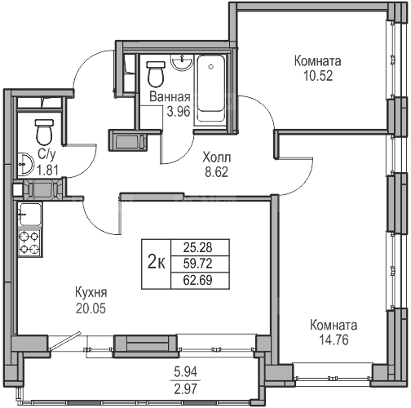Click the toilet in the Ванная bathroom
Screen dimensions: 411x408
point(156,73)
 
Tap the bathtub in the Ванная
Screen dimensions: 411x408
point(211,90)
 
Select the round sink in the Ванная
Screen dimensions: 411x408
point(182,62)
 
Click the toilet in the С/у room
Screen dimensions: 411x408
point(44,132)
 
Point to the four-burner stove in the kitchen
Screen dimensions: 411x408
point(29,242)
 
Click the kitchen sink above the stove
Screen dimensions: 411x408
point(29,215)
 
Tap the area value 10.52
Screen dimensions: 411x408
point(318,76)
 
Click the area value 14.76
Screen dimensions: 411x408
point(334,340)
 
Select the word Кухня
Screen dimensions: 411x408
point(91,293)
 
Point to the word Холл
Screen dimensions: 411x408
point(217,157)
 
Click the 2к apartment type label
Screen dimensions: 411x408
point(156,264)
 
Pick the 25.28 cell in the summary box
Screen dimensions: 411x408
point(197,247)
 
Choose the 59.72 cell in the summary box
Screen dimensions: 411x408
point(197,264)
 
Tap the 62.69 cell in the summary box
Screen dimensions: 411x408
point(197,280)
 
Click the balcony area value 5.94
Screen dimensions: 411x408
point(186,372)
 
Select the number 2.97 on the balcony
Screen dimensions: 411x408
point(186,389)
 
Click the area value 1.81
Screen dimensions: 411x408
point(47,171)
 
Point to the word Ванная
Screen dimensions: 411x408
point(170,97)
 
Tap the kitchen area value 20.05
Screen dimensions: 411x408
point(91,308)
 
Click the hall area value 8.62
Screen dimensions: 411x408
point(217,172)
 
